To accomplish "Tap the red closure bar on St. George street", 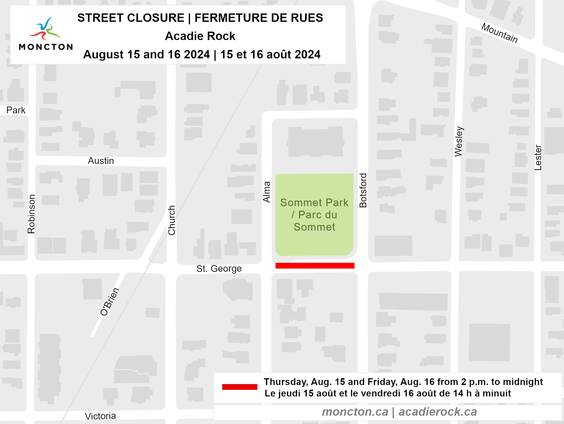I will [315, 265].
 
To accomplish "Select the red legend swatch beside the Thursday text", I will [239, 387].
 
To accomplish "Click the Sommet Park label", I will [314, 215].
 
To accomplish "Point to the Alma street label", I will [267, 192].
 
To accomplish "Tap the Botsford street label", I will [363, 191].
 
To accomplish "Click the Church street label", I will [172, 220].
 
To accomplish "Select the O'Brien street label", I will [110, 302].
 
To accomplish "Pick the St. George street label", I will [219, 269].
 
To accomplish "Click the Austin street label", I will [101, 161].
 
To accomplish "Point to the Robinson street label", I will [31, 214].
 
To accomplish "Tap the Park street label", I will [16, 110].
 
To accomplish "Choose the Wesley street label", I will [458, 141].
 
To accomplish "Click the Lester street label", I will [538, 158].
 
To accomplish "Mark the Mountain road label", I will [499, 33].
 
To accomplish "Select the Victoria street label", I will [100, 416].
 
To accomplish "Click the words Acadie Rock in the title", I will [200, 36].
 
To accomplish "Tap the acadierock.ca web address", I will [438, 412].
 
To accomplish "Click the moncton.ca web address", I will [355, 412].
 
